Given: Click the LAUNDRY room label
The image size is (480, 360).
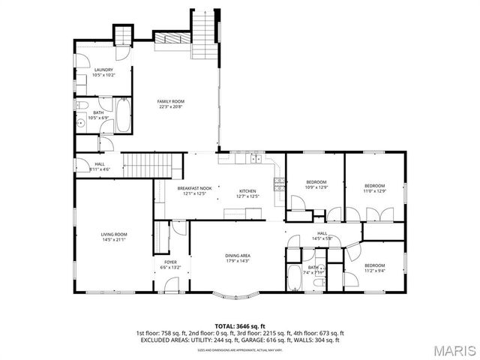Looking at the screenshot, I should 103,70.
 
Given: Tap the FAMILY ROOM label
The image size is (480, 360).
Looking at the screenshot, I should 171,101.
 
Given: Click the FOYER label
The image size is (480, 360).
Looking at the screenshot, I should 170,262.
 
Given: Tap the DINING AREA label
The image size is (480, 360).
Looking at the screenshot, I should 238,256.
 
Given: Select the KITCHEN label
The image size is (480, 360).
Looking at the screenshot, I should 247,190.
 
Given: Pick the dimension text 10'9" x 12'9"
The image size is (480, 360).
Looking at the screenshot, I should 317,187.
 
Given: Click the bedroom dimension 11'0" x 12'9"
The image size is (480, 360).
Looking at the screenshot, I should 375,190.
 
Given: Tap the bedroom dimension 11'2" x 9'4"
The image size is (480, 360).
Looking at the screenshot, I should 375,270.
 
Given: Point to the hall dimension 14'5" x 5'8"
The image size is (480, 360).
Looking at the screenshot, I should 322,238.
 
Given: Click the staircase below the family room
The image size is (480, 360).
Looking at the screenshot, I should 154,165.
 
